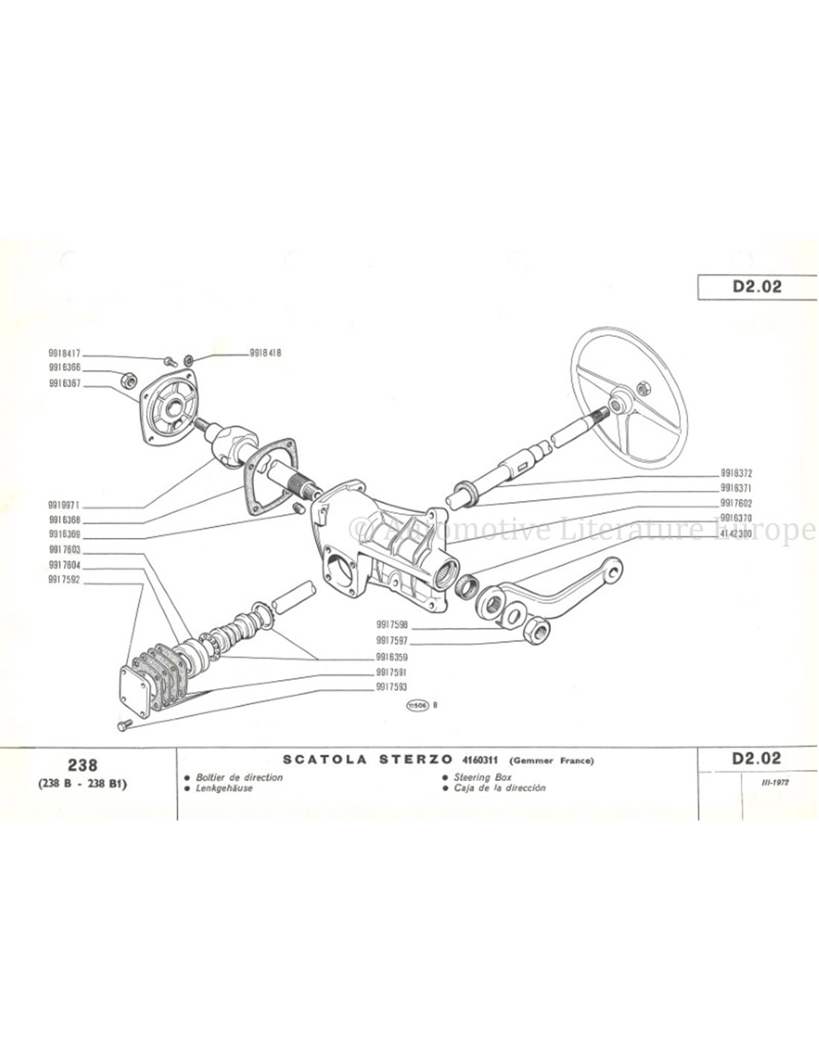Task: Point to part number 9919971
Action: [x=65, y=503]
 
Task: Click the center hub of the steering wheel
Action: [x=618, y=407]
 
